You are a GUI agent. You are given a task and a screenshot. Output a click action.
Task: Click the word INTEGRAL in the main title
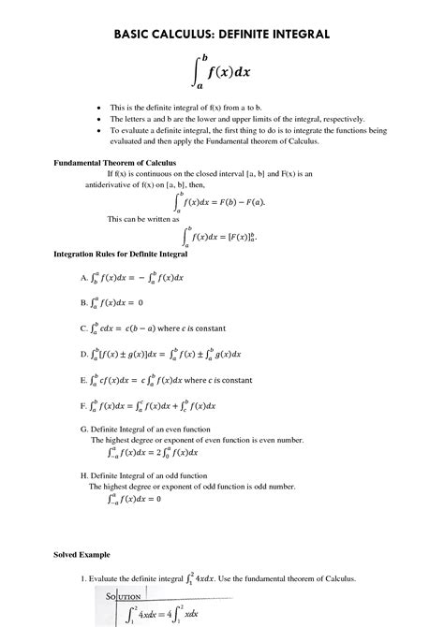click(x=291, y=34)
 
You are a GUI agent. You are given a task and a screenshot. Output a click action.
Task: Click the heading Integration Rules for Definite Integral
click(x=121, y=254)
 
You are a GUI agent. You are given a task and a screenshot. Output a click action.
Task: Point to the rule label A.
click(x=84, y=278)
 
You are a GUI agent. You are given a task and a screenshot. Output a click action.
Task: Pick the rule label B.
click(x=84, y=303)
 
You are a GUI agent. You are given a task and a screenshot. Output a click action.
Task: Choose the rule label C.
click(x=84, y=328)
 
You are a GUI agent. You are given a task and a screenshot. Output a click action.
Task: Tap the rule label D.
click(x=84, y=355)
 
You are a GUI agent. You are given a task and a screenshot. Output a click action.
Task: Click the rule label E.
click(x=84, y=381)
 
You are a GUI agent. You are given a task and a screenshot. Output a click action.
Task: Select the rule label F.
click(x=84, y=406)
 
